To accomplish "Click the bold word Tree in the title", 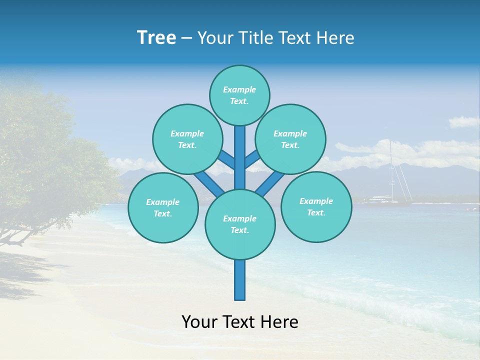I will [156, 38].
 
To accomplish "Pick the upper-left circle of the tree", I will [187, 139].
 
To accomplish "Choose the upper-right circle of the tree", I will [290, 139].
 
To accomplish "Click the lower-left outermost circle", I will [162, 207].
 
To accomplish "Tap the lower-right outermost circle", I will [316, 206].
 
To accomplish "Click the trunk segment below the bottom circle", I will [240, 280].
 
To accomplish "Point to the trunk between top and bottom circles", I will [240, 157].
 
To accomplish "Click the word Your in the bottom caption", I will [198, 322].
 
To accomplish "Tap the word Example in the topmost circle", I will [239, 89].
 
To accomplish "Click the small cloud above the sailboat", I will [463, 122].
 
